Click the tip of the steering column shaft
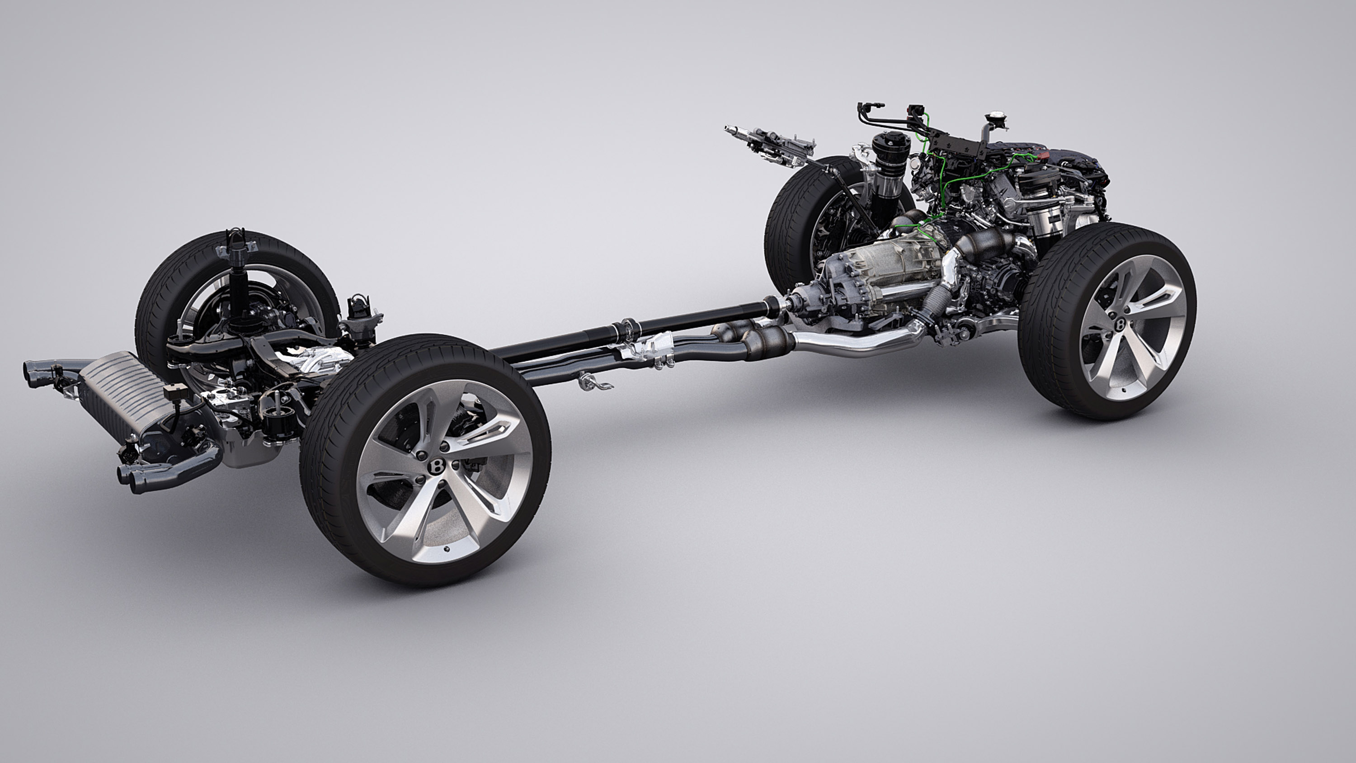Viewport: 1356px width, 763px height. tap(729, 128)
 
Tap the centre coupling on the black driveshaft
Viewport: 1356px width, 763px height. tap(627, 327)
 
